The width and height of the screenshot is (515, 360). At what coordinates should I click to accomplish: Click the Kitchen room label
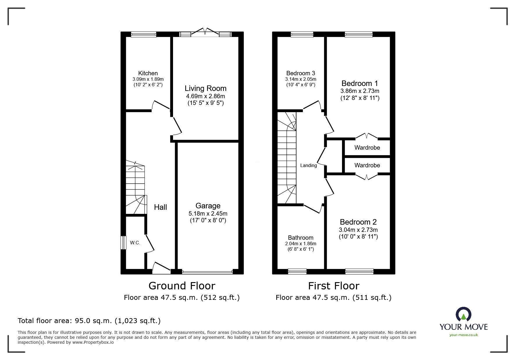tap(148, 73)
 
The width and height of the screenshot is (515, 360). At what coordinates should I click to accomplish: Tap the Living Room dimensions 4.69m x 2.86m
tap(205, 96)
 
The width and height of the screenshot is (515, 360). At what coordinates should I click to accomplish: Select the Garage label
tap(208, 206)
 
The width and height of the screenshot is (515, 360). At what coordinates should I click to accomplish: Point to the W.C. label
tap(135, 243)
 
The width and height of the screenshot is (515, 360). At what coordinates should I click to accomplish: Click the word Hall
tap(160, 207)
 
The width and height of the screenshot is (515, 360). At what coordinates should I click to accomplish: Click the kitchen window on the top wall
tap(143, 35)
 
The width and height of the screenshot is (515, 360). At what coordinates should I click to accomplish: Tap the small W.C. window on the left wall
tap(124, 242)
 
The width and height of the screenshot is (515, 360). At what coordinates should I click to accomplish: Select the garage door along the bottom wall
tap(207, 272)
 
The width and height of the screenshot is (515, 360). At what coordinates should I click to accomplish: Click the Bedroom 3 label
tap(300, 73)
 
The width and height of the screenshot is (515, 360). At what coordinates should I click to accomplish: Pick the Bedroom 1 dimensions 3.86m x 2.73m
tap(360, 91)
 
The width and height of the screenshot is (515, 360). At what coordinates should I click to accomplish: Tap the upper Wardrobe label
tap(367, 148)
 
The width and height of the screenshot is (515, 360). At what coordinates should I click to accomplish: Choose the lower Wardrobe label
tap(367, 165)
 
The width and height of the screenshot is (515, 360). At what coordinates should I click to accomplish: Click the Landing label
tap(308, 166)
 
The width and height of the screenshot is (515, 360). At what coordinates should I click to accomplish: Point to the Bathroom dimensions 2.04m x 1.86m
tap(301, 243)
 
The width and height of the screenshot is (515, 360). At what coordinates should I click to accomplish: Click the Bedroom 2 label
tap(358, 222)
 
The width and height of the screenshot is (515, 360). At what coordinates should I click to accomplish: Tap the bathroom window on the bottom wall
tap(297, 272)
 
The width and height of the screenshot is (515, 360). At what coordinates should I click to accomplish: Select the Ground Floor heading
tap(182, 286)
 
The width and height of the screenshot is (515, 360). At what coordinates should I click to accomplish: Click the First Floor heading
tap(334, 286)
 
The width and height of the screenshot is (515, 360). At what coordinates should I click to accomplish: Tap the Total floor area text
tap(89, 321)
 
